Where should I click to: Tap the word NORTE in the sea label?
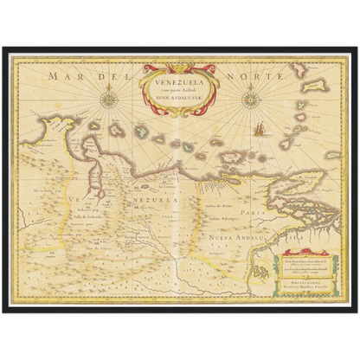point(265,77)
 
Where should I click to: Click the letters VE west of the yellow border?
point(79,202)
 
